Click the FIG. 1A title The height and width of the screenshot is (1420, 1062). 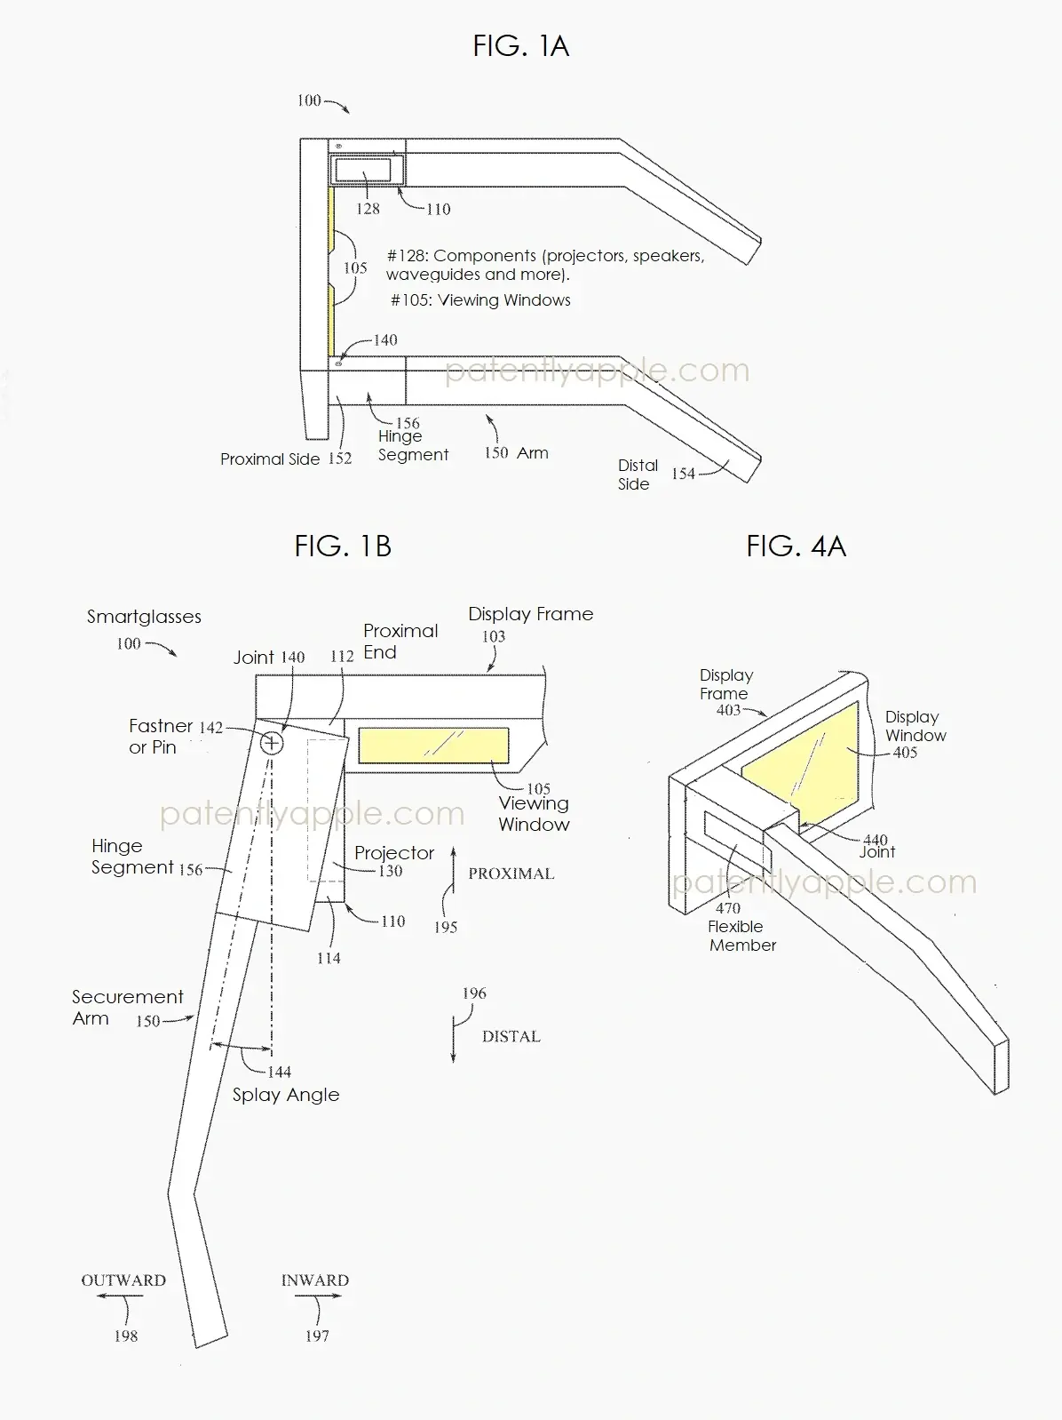pyautogui.click(x=520, y=45)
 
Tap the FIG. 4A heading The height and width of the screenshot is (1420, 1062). pyautogui.click(x=796, y=546)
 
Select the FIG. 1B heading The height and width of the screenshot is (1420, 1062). pyautogui.click(x=343, y=546)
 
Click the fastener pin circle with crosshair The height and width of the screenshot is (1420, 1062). pyautogui.click(x=272, y=742)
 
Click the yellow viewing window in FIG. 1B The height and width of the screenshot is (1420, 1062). pyautogui.click(x=433, y=746)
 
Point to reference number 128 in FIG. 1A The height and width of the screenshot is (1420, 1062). pyautogui.click(x=368, y=209)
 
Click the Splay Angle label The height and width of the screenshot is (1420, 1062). pyautogui.click(x=286, y=1095)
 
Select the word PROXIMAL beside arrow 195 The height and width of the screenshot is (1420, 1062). pyautogui.click(x=511, y=874)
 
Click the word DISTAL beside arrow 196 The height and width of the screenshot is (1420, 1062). pyautogui.click(x=511, y=1036)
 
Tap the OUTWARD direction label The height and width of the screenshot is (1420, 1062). pyautogui.click(x=123, y=1280)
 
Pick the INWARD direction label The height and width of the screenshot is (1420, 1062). pyautogui.click(x=315, y=1280)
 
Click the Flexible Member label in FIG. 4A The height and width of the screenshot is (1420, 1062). pyautogui.click(x=741, y=936)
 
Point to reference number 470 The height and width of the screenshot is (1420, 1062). pyautogui.click(x=728, y=908)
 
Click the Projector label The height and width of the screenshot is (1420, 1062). pyautogui.click(x=394, y=853)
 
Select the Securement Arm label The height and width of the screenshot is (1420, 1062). pyautogui.click(x=127, y=1007)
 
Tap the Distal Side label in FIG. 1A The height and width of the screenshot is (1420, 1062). pyautogui.click(x=638, y=475)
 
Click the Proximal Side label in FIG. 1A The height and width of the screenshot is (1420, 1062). pyautogui.click(x=270, y=459)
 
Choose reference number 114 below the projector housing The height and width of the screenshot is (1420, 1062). pyautogui.click(x=329, y=958)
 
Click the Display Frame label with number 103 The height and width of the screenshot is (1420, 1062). pyautogui.click(x=530, y=614)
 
